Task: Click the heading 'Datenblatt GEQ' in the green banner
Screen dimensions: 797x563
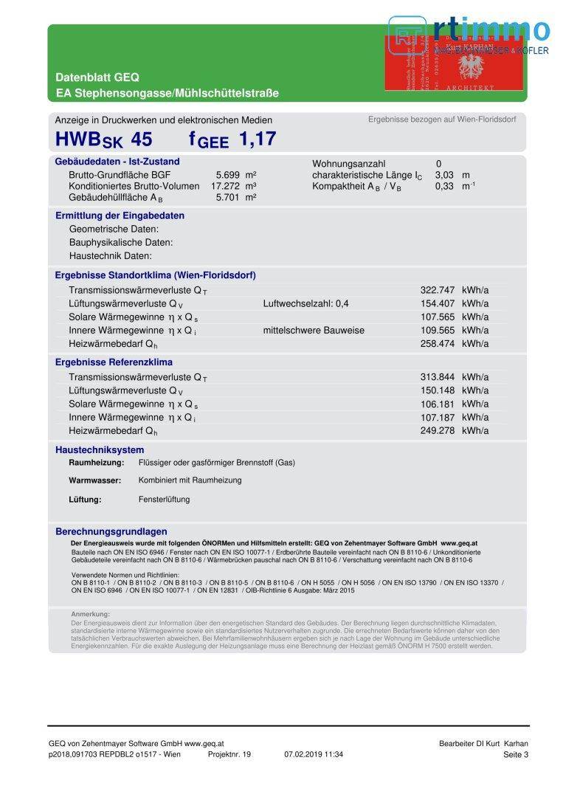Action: [97, 77]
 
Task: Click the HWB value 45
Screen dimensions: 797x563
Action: [142, 138]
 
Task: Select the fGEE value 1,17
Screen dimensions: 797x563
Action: [258, 138]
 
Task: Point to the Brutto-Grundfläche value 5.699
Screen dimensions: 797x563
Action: [229, 175]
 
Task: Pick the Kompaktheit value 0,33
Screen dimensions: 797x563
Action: [444, 186]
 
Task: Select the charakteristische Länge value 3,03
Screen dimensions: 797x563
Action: [444, 175]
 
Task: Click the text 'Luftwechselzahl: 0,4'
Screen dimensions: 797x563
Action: [305, 303]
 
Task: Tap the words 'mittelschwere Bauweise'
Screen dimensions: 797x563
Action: [314, 330]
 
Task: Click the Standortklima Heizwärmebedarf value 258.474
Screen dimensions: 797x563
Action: [438, 343]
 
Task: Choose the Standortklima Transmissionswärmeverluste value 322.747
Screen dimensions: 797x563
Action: [438, 290]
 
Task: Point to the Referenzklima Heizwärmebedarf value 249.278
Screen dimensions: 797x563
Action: [438, 430]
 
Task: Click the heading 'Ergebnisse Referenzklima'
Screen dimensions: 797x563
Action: [114, 362]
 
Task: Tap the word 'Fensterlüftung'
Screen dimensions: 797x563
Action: [164, 500]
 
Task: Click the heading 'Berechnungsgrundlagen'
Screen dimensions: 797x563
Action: [111, 531]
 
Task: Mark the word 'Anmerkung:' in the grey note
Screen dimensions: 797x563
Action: [90, 614]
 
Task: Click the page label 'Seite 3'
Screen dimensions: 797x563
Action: [516, 754]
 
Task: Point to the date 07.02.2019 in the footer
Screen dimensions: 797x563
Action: [303, 754]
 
